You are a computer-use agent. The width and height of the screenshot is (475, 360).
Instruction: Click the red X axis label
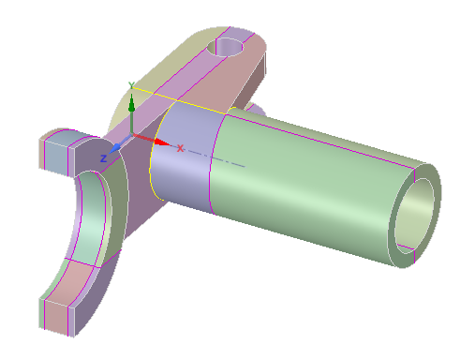click(180, 148)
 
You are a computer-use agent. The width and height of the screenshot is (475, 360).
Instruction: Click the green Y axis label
click(131, 85)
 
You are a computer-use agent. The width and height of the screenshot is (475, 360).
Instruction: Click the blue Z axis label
click(103, 158)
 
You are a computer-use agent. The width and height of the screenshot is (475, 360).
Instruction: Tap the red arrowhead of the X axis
click(162, 142)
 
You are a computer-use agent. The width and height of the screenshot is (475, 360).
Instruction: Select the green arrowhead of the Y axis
click(131, 103)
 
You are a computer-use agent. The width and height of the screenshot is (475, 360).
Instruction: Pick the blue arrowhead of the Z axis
click(115, 148)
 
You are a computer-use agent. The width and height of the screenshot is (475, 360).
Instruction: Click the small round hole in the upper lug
click(225, 47)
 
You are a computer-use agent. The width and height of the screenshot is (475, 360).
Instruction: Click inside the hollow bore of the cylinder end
click(414, 216)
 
